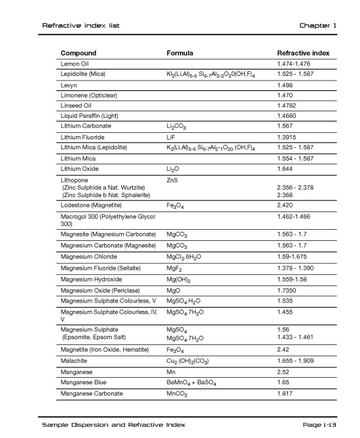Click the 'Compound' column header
[x=79, y=52]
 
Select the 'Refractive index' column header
[x=303, y=52]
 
